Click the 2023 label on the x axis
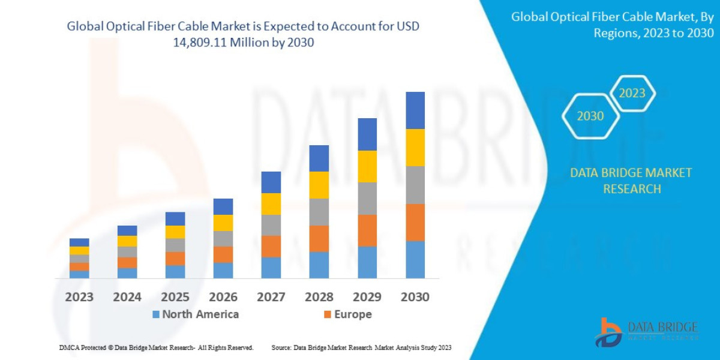[x=79, y=297]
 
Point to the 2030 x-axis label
[x=415, y=297]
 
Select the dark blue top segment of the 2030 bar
[x=415, y=110]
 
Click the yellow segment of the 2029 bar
[x=367, y=166]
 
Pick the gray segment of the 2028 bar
[x=319, y=212]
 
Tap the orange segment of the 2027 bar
[x=271, y=246]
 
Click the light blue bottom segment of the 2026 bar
[x=223, y=270]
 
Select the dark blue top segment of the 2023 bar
[x=79, y=242]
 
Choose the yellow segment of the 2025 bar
[x=175, y=232]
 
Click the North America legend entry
[x=196, y=314]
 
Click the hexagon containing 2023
[x=632, y=94]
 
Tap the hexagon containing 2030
[x=590, y=116]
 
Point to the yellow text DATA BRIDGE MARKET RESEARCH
[x=631, y=181]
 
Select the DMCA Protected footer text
[x=156, y=347]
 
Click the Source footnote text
[x=361, y=347]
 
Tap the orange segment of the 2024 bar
[x=127, y=262]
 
